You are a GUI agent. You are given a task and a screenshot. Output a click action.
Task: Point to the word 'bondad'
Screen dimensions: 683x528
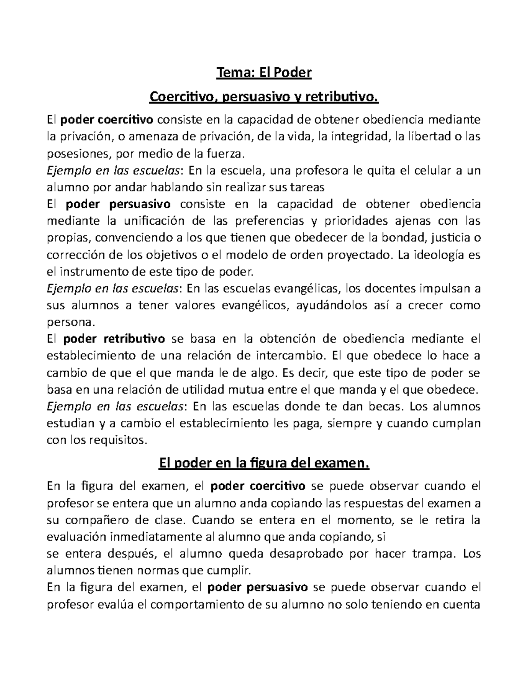(404, 238)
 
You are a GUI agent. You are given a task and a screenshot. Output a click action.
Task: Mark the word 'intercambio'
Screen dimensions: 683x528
(289, 355)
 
